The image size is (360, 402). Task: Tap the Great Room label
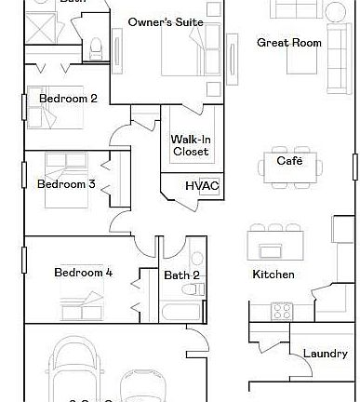(289, 43)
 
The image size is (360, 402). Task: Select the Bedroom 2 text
(68, 98)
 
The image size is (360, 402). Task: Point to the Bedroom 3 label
(66, 184)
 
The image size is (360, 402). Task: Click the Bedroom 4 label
(83, 273)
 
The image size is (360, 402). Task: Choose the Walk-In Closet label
(190, 145)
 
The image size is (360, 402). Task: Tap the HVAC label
(202, 186)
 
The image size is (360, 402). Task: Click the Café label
(289, 161)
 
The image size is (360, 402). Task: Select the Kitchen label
(273, 275)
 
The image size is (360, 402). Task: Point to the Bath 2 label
(181, 275)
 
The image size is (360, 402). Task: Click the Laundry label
(326, 354)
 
